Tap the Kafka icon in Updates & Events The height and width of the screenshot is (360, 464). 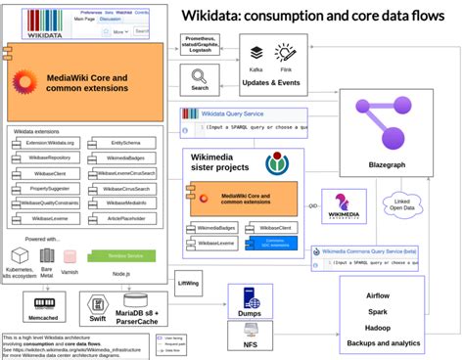tap(257, 55)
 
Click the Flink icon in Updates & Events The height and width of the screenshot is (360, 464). tap(287, 55)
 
